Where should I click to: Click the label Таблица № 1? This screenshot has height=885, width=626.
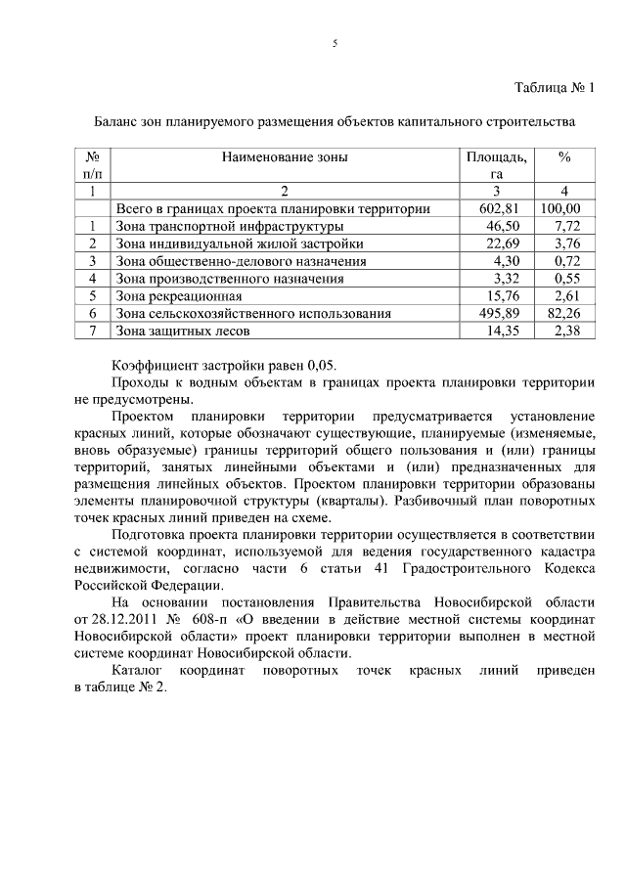coord(555,88)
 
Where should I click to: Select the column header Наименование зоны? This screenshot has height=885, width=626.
coord(285,156)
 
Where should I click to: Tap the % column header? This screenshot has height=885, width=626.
coord(564,156)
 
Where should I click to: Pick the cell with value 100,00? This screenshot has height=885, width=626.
coord(561,208)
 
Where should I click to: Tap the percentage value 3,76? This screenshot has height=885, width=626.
coord(567,243)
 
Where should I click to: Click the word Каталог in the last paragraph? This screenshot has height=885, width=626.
coord(138,671)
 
